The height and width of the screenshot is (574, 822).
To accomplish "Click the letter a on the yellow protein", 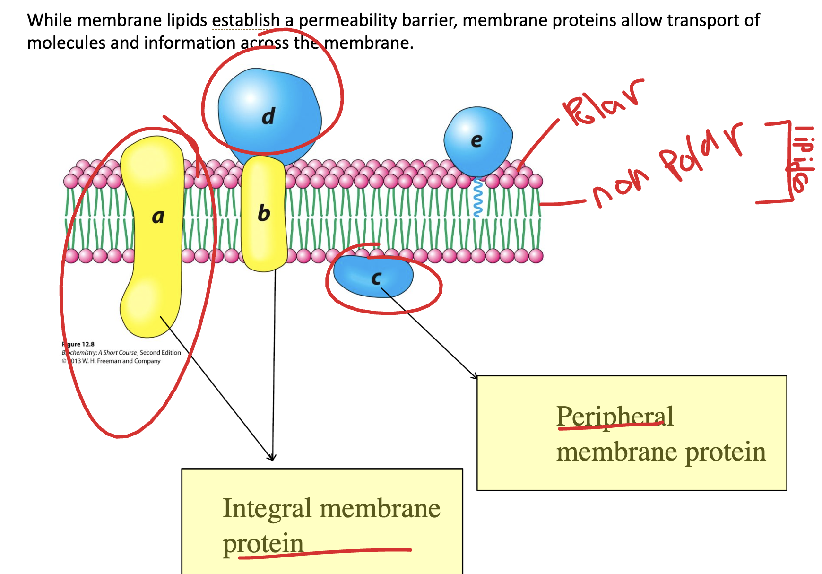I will (158, 217).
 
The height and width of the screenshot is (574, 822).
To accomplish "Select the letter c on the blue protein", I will (376, 278).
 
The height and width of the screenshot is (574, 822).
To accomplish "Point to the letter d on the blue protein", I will (268, 116).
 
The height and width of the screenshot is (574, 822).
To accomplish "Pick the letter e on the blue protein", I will (476, 140).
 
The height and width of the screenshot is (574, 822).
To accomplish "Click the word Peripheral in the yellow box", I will (614, 416).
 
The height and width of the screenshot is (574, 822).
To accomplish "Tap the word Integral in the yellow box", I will (267, 508).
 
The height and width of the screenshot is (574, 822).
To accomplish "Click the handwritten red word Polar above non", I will (603, 104).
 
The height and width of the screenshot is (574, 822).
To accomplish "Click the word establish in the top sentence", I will (246, 20).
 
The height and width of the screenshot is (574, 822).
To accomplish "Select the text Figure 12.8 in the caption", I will (78, 344).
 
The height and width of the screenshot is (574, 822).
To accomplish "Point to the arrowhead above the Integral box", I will (272, 457).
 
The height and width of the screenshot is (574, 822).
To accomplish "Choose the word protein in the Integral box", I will (263, 544).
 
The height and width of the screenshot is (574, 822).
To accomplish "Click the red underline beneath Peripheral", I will (610, 427).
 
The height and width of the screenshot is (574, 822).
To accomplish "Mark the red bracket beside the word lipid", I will (785, 161).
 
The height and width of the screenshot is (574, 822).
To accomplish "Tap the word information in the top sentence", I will (190, 43).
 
